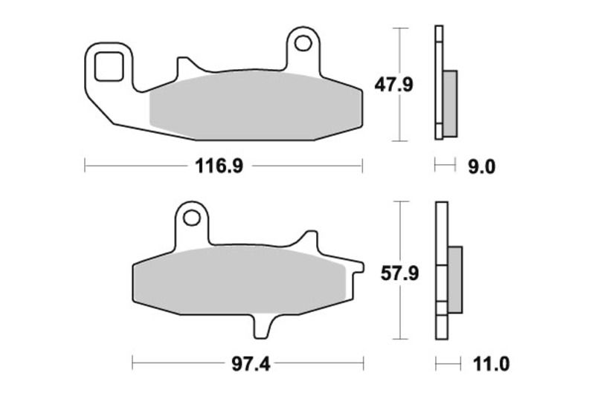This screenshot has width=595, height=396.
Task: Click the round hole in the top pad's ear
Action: click(302, 43)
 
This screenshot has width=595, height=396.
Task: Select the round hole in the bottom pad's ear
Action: click(193, 218)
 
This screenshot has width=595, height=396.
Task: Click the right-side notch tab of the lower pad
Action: click(356, 265)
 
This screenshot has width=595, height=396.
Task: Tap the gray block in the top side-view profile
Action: click(450, 103)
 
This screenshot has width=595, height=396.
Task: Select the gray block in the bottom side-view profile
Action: click(455, 274)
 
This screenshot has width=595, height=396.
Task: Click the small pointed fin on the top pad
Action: click(181, 67)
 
